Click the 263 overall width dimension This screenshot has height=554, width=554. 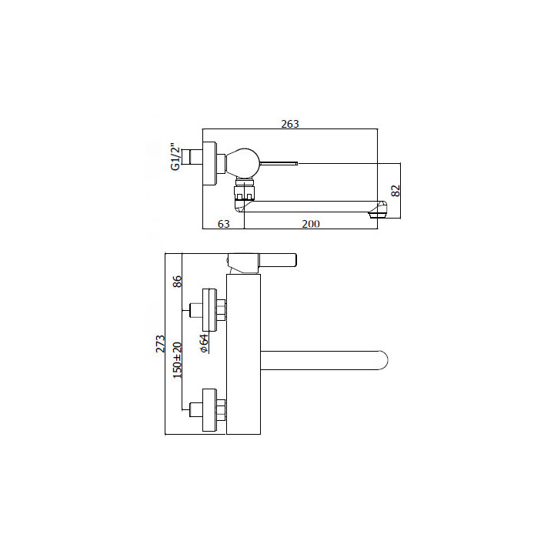coord(290,124)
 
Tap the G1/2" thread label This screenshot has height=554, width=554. coord(175,157)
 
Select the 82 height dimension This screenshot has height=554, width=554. coord(396,191)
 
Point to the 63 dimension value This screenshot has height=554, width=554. coord(224,224)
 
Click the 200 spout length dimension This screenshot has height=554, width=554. coord(311,224)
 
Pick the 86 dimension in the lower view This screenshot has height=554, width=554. coord(177,282)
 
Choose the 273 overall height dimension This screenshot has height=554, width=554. coord(160,344)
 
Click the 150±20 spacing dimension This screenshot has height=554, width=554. coord(177,360)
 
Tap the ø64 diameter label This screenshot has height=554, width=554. coord(204,343)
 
